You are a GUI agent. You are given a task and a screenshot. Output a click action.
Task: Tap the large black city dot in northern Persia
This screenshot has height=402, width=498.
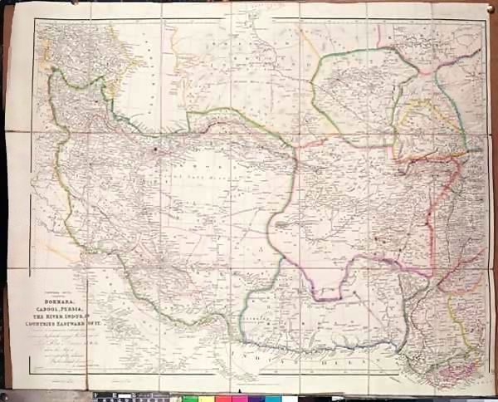[155, 151]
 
